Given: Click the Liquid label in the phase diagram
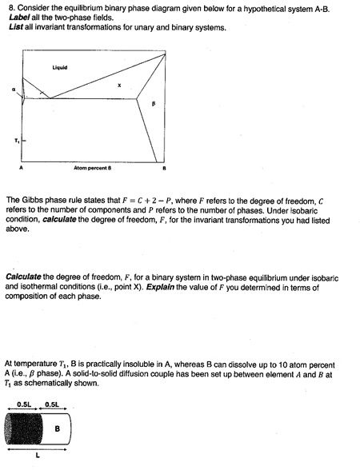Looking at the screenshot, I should (59, 67).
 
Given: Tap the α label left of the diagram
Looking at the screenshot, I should (14, 90).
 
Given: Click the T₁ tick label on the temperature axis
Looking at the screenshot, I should (14, 142).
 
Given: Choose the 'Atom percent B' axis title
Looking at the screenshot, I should (92, 169).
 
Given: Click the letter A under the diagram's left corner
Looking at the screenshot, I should (22, 169).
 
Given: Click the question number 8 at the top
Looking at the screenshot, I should (8, 7).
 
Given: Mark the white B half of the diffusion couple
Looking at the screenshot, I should (57, 429).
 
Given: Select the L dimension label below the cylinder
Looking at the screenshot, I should (37, 457).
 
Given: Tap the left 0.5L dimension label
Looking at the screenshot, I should (23, 404).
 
